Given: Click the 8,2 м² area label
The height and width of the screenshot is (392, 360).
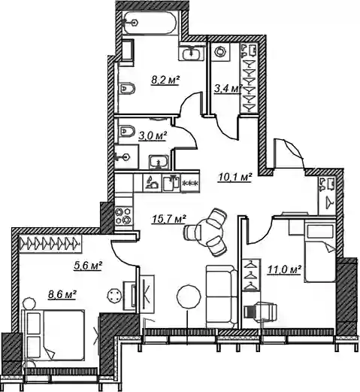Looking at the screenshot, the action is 165,81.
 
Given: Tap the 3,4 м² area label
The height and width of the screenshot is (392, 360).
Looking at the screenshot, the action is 228,89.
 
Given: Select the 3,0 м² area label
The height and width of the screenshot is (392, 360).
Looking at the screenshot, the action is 152,136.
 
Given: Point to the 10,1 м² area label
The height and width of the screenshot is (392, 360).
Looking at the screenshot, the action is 234,178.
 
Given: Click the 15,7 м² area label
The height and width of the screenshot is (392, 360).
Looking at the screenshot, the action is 168,219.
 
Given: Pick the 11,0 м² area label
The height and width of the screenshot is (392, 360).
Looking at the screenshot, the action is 284,270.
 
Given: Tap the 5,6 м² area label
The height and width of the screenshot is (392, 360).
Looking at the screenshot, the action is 88,266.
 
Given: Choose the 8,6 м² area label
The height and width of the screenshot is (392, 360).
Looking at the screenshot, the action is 62,294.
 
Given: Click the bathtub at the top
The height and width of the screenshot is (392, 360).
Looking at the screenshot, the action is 150,23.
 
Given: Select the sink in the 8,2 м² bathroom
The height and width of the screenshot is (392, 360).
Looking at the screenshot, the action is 192,53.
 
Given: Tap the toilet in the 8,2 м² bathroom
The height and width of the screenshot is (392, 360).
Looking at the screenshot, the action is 127,88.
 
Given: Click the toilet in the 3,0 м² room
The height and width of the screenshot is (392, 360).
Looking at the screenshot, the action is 127,130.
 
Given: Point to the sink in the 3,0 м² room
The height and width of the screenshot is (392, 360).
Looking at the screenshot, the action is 159,162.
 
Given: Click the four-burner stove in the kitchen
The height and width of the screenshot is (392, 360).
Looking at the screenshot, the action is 123,216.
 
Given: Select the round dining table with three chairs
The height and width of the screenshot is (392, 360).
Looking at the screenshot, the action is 208,232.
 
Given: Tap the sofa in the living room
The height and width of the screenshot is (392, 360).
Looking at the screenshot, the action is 222,296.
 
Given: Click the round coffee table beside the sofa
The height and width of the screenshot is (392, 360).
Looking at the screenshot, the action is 189,297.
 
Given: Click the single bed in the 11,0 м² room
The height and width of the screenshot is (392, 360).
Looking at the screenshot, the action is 320,254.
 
